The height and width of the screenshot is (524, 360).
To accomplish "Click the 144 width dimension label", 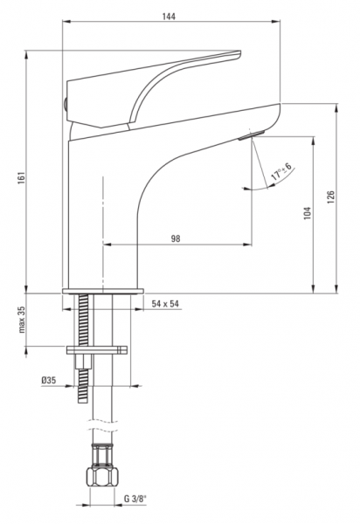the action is coord(170,17).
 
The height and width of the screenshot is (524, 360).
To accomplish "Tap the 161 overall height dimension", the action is coord(21,179).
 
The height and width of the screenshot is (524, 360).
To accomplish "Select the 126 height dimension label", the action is coord(330,197).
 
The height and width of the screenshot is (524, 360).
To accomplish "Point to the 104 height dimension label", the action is coord(308,213).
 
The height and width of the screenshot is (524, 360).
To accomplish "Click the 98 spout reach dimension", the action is coord(176,238).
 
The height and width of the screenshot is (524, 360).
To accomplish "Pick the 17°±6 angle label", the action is coord(281,171).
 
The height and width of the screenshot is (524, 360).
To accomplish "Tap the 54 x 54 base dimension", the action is coord(165,304).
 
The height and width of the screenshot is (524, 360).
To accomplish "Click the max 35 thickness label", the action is coord(22,320).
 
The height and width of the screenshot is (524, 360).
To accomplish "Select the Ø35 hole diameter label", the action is coord(49,380).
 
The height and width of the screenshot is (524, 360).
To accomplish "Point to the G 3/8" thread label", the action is coord(135,499).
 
